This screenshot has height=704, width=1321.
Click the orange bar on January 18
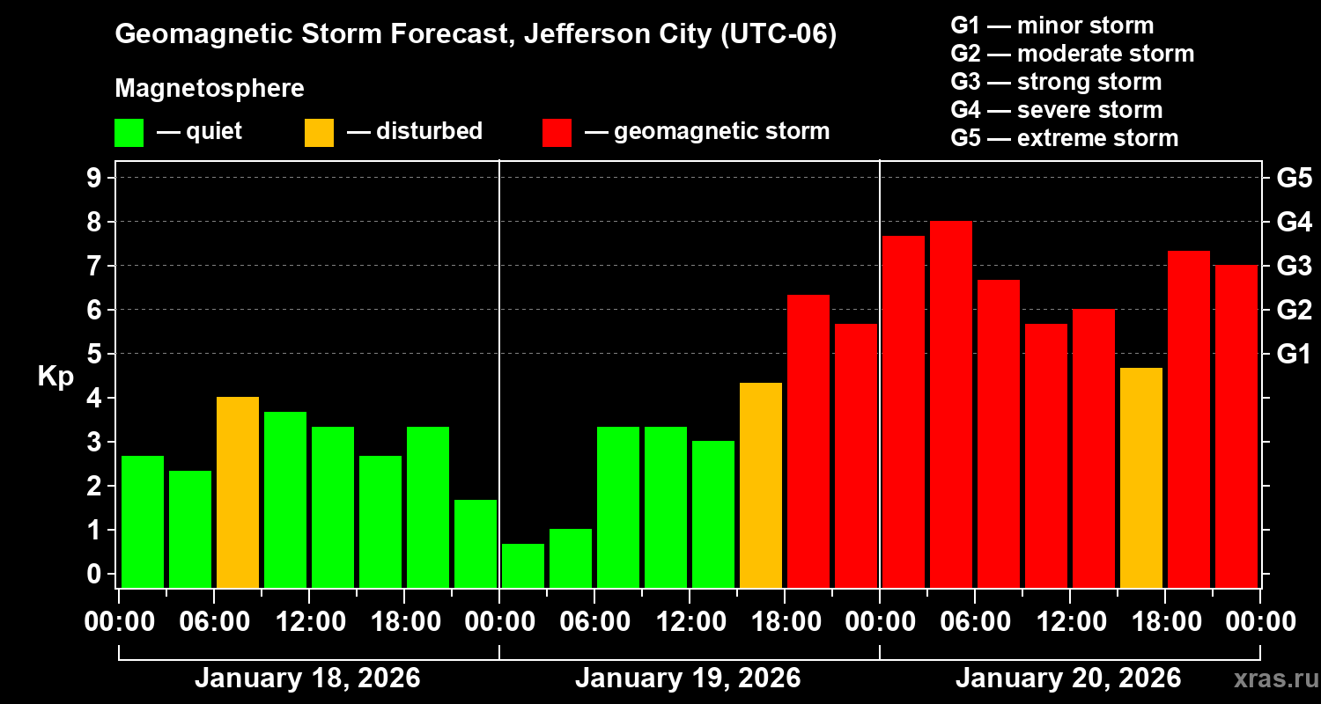coord(238,492)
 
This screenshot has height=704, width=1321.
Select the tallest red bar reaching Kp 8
coord(951,404)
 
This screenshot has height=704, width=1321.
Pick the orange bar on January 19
coord(761,485)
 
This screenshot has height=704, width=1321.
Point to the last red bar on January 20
coord(1236,426)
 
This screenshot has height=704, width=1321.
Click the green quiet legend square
coord(129,132)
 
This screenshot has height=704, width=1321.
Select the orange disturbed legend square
coord(319,132)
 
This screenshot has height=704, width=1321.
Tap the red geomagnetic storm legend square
coord(557,132)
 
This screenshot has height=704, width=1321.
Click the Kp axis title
coord(55,377)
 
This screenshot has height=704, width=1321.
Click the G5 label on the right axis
coord(1294,178)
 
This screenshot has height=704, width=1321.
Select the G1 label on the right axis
coord(1294,354)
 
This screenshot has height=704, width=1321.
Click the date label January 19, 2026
coord(688,678)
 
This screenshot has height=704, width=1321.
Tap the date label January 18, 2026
coord(307,678)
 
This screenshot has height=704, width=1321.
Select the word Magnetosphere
coord(210,89)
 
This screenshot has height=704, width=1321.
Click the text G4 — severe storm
coord(1057,110)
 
